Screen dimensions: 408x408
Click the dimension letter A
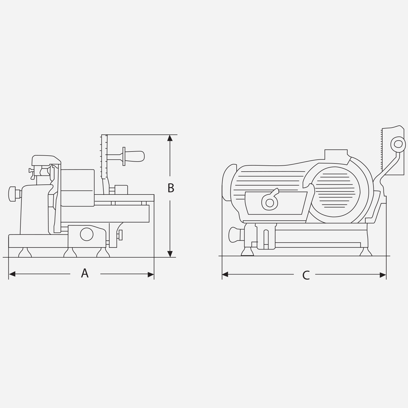[x=85, y=273]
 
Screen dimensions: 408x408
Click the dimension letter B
[x=171, y=188]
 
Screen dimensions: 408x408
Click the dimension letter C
[x=306, y=275]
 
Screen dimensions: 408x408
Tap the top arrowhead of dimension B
[x=170, y=138]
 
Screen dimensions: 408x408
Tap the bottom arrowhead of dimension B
[x=170, y=254]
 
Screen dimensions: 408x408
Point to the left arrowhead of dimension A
[x=12, y=274]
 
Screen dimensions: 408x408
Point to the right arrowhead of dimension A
[x=151, y=274]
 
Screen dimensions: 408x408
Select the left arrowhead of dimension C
[x=225, y=275]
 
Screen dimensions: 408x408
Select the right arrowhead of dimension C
[x=383, y=275]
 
